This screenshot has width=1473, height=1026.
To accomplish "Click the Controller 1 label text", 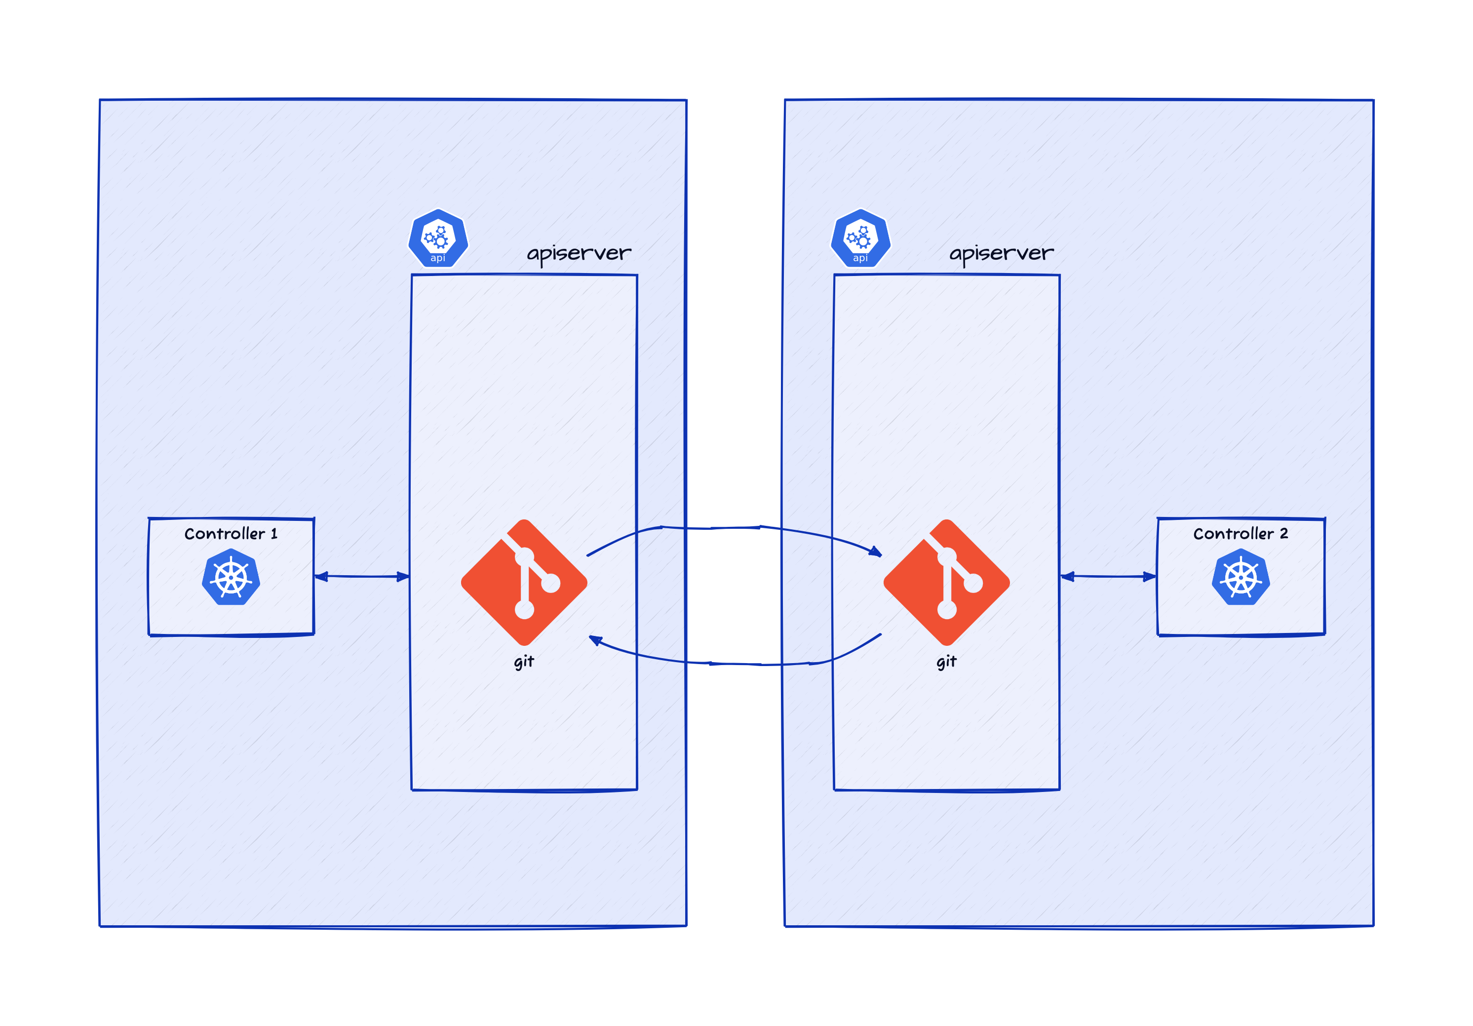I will (231, 533).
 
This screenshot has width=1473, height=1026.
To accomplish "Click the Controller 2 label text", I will (1240, 533).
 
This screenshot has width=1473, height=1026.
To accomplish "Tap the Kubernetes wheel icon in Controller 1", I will (231, 577).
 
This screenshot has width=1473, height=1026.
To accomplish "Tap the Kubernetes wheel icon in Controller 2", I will (1240, 577).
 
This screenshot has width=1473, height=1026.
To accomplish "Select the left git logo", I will (524, 582).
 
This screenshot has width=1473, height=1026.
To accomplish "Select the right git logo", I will (946, 582).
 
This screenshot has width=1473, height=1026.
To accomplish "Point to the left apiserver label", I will (579, 253).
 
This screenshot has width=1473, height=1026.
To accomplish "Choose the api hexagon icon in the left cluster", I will (438, 238).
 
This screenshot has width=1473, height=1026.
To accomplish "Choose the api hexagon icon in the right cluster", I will (860, 238).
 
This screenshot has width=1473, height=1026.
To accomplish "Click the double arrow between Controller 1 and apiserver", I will (362, 576).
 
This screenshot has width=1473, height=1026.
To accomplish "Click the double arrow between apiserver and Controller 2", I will (1108, 576).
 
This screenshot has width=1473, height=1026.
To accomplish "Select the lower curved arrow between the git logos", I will (738, 664).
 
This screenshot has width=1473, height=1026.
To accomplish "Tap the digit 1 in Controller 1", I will (274, 533).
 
